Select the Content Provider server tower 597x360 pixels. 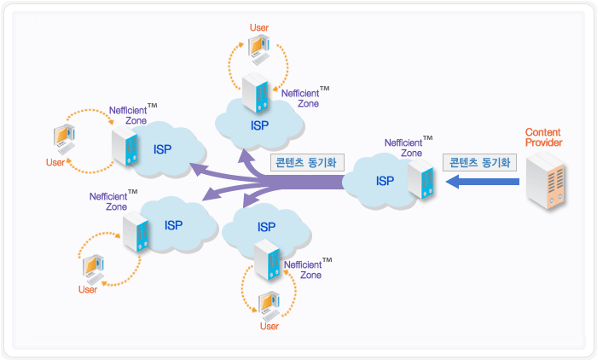[545, 181]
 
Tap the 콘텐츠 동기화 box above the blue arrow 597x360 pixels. [479, 161]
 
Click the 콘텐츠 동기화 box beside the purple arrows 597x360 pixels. [304, 161]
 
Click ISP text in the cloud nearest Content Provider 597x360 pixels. [385, 181]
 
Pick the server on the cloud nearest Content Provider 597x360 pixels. [420, 180]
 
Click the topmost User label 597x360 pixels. [259, 28]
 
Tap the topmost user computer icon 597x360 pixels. [258, 50]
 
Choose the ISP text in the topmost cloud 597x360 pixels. [260, 125]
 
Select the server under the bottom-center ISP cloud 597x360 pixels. [267, 260]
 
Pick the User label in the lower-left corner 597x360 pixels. [87, 289]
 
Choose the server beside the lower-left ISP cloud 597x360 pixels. [135, 230]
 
